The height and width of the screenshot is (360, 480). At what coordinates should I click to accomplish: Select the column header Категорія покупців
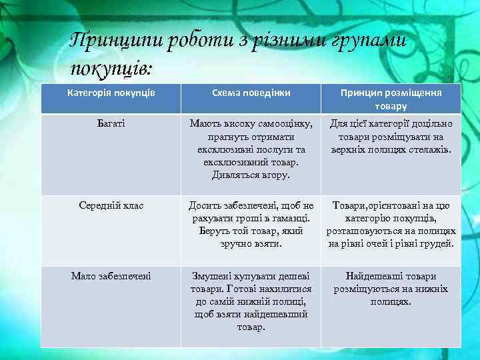pos(111,93)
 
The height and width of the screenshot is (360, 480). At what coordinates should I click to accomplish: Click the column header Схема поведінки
pos(251,93)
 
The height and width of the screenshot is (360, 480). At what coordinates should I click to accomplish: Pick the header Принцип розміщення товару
pos(391,99)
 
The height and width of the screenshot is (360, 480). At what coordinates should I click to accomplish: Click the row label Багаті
pos(111,123)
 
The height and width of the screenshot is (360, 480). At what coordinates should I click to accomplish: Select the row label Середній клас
pos(111,206)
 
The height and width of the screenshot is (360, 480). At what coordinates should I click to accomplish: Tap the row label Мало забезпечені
pos(111,276)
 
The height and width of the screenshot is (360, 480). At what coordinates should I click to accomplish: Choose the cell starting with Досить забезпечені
pos(251,225)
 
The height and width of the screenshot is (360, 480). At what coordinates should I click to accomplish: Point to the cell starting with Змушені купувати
pos(251,301)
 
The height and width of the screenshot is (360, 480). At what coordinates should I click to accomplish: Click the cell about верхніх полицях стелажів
pos(391,137)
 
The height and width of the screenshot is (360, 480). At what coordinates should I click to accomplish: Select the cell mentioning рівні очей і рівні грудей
pos(391,225)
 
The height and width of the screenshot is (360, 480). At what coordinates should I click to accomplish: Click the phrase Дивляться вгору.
pos(251,175)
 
